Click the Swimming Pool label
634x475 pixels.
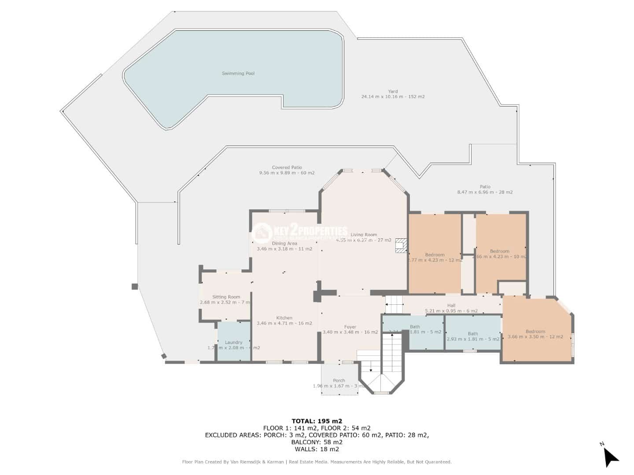tap(238, 73)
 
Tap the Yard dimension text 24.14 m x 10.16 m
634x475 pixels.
tap(393, 97)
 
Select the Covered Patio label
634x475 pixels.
tap(287, 168)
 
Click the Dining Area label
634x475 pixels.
tap(284, 243)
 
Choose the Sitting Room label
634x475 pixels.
tap(226, 297)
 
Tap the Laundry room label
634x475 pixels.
tap(233, 342)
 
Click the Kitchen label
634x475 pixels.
tap(284, 318)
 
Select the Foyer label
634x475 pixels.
tap(350, 327)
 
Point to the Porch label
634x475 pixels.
tap(339, 380)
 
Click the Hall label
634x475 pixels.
tap(451, 305)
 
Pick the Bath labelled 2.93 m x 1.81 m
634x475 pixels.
tap(473, 334)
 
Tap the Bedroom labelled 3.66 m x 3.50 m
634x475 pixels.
tap(535, 332)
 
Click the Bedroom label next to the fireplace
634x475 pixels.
tap(435, 255)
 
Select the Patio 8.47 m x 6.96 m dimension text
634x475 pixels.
tap(485, 192)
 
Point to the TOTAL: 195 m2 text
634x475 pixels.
tap(317, 421)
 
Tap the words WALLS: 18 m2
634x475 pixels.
tap(317, 449)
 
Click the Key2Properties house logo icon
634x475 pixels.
tap(263, 233)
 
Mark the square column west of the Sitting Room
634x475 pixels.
tap(135, 287)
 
